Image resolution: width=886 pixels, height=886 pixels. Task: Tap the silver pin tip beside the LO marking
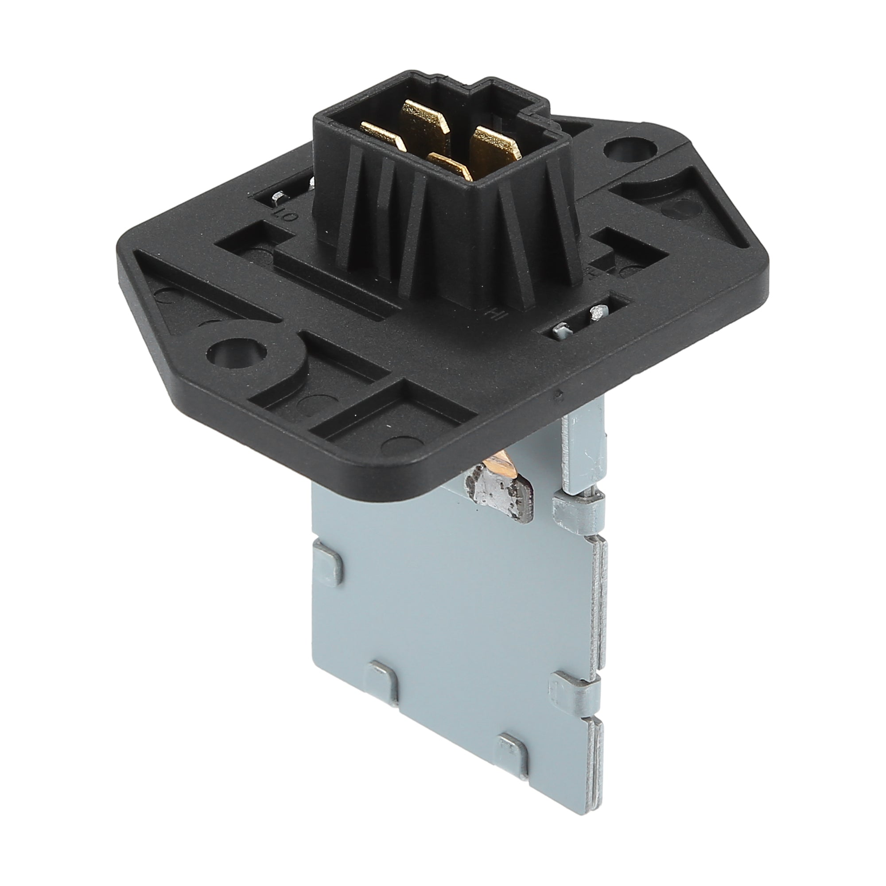(277, 198)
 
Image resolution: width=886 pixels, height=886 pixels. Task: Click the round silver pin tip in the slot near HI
(597, 313)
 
